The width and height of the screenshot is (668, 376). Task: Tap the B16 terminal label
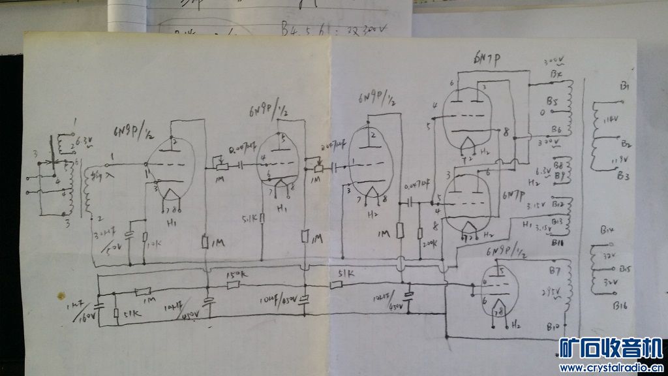point(619,304)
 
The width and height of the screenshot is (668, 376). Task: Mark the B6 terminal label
point(555,128)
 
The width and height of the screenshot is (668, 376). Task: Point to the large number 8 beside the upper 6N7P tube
point(506,133)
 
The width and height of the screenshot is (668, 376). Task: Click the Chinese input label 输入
point(99,174)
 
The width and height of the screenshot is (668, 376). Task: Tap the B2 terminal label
point(626,143)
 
